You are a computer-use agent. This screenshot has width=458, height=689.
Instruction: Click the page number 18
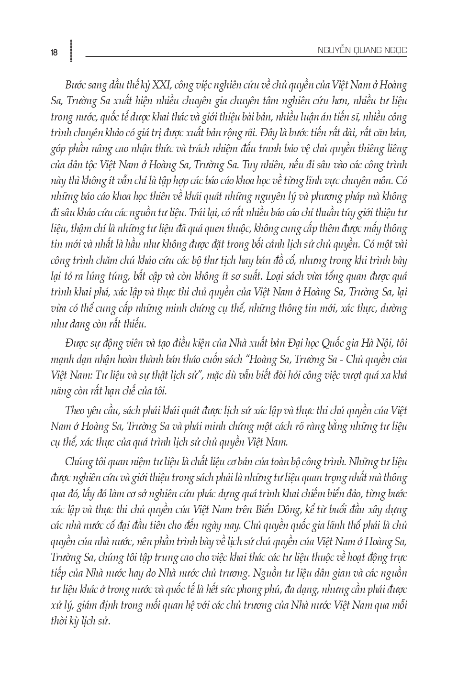point(54,53)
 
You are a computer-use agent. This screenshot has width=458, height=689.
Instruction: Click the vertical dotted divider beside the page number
point(71,51)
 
